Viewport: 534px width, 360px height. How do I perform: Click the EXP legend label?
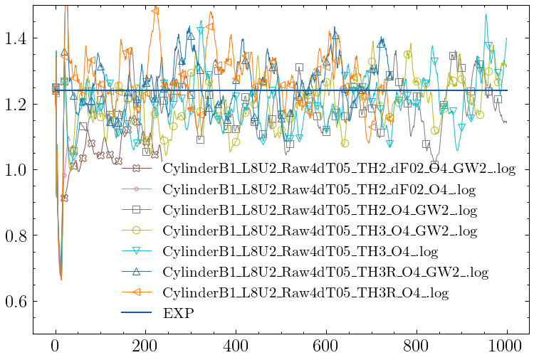(x=178, y=313)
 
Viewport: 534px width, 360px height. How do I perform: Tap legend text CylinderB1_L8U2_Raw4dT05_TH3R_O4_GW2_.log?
(x=325, y=272)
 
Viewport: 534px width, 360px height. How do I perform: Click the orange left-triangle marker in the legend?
(x=137, y=292)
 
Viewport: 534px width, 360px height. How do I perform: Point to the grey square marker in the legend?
(x=137, y=210)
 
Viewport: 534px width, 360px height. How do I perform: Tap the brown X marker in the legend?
(x=137, y=169)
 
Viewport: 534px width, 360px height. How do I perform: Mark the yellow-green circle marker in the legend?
(x=137, y=231)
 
